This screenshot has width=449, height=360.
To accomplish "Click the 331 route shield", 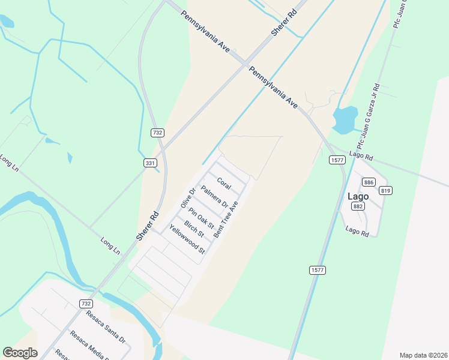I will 150,163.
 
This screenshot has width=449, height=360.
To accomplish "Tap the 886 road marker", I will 369,182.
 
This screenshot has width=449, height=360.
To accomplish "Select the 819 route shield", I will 385,191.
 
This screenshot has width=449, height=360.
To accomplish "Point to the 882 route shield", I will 359,206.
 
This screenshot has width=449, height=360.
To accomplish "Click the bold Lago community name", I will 358,196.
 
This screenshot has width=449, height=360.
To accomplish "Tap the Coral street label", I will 224,183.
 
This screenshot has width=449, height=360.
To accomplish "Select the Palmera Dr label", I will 214,197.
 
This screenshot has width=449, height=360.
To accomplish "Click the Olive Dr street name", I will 188,199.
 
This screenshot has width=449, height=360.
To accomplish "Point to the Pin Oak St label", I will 200,218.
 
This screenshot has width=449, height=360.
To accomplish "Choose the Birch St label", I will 194,229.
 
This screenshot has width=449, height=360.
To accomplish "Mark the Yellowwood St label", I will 187,238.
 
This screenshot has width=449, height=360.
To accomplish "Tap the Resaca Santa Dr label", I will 105,326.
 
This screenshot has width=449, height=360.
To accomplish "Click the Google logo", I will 20,353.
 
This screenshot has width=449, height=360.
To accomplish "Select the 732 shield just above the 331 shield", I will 157,133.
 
